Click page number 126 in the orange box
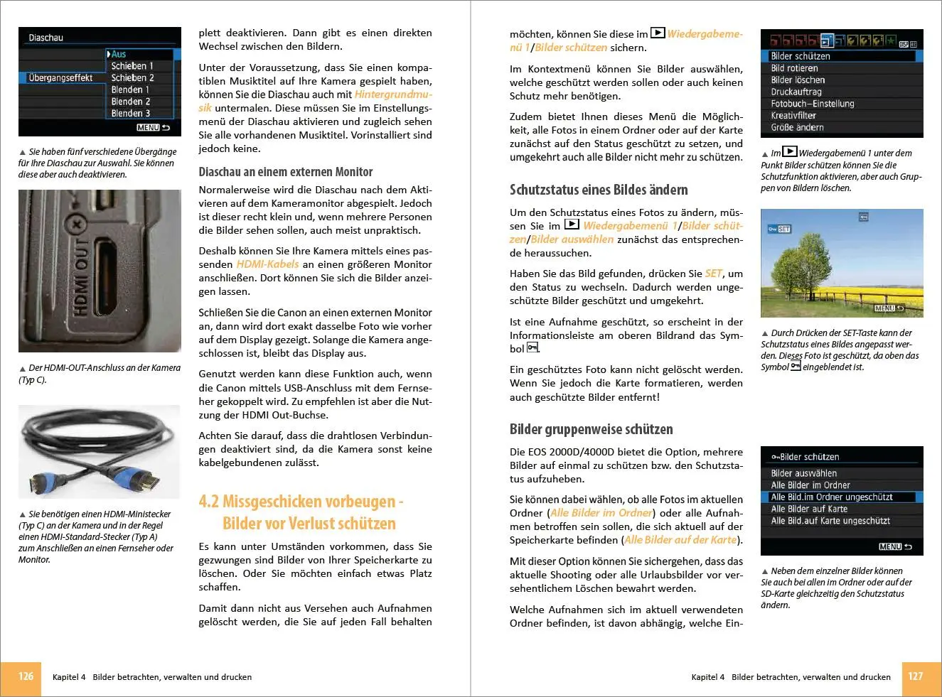click(x=26, y=676)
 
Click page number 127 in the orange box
click(x=916, y=676)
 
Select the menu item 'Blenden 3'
click(x=131, y=114)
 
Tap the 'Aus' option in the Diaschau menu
click(x=119, y=54)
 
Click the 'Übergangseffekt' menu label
click(x=60, y=78)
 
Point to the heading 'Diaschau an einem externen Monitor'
click(x=286, y=172)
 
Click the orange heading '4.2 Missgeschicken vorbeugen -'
click(x=301, y=502)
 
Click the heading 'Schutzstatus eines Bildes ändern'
click(x=599, y=190)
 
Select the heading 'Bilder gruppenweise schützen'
click(x=592, y=429)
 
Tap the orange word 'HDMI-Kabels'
click(x=268, y=264)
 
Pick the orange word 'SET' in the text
click(x=714, y=274)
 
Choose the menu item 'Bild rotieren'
click(x=794, y=68)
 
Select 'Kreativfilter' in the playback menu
click(x=793, y=116)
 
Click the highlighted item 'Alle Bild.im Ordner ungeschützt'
click(x=832, y=497)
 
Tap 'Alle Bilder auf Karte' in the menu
click(x=809, y=509)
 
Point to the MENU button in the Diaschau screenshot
click(x=148, y=128)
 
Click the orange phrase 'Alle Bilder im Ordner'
click(x=601, y=513)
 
